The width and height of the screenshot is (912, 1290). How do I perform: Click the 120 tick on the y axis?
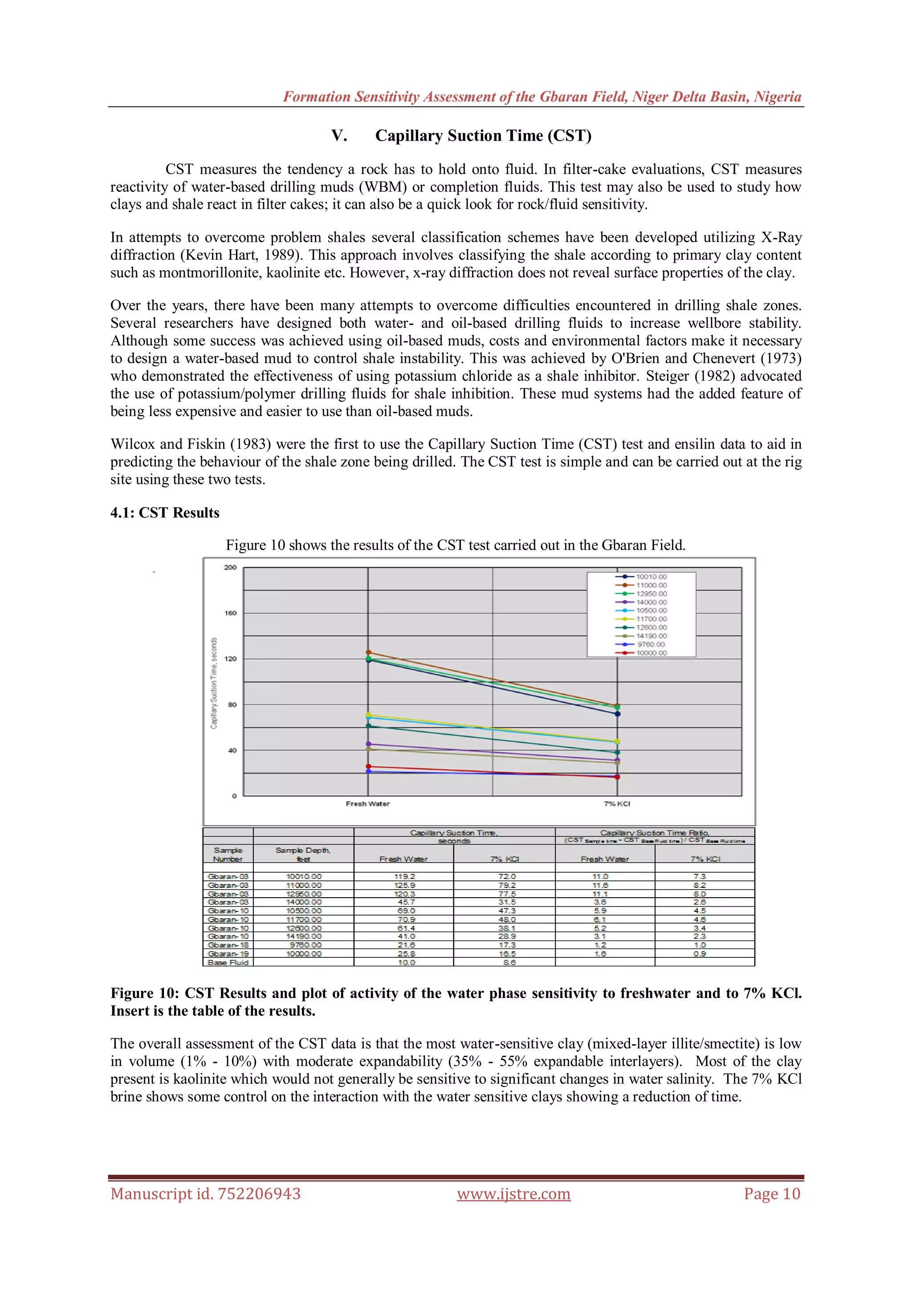tap(230, 659)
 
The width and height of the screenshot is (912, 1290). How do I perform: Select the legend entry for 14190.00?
tap(651, 636)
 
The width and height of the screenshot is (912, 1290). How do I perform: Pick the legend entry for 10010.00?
tap(651, 577)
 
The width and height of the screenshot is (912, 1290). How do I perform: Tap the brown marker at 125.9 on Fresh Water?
tap(369, 652)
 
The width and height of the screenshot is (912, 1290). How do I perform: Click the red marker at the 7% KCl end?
tap(618, 777)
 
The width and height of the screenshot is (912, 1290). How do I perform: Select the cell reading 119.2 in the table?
tap(405, 876)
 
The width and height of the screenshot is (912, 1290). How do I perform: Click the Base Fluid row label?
tap(228, 962)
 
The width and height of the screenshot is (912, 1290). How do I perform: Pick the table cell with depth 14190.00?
tap(304, 936)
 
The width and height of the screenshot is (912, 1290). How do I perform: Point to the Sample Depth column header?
tap(303, 855)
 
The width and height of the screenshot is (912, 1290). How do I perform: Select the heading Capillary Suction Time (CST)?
tap(483, 135)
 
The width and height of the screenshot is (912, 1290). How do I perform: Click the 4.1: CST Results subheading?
tap(165, 513)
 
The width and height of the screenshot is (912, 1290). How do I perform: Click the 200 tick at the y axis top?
tap(230, 567)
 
